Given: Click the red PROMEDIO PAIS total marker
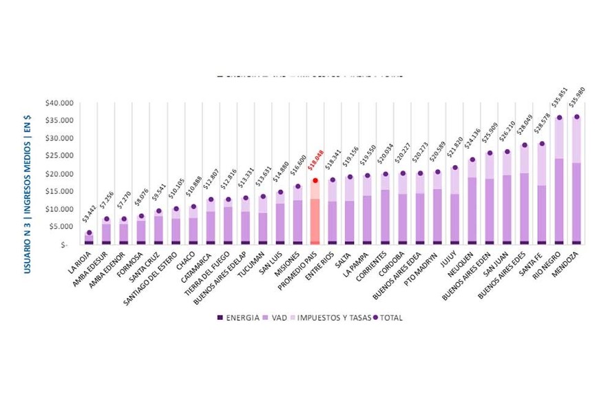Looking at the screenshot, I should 315,180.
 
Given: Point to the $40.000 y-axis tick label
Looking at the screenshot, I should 58,103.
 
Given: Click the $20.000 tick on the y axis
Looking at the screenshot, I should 58,174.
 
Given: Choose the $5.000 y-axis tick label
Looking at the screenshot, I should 60,227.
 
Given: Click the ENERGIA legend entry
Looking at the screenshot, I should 238,318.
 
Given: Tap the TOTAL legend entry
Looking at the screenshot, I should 386,318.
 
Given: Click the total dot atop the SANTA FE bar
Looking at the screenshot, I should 542,144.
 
